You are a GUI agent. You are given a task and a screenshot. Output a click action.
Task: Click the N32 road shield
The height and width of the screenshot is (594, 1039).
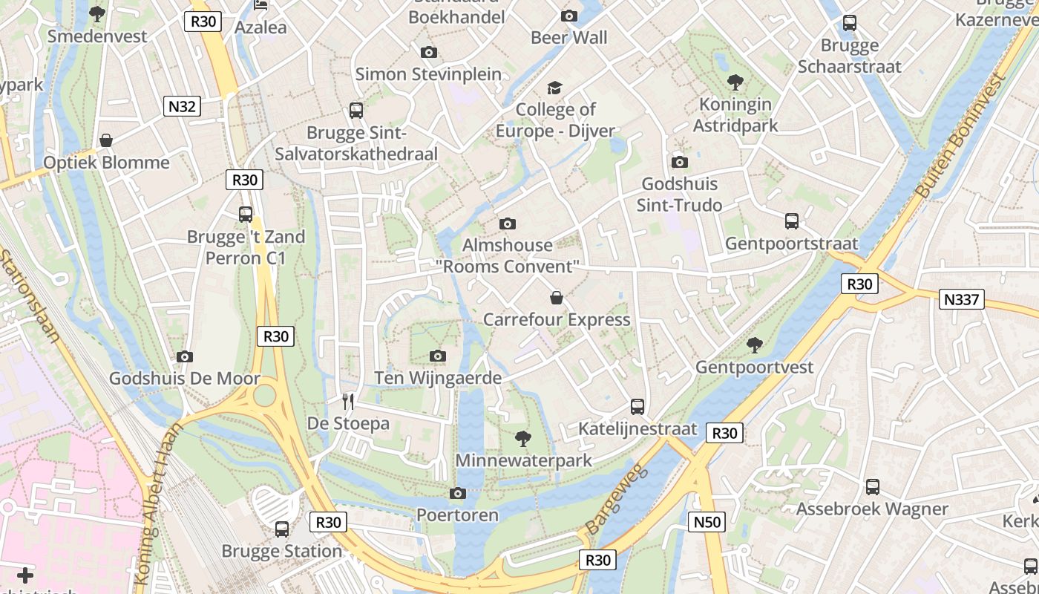pos(182,106)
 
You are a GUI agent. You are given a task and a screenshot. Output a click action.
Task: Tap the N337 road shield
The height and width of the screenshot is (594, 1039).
pos(962,299)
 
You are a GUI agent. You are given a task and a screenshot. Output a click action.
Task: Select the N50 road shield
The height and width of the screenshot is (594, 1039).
pos(707,522)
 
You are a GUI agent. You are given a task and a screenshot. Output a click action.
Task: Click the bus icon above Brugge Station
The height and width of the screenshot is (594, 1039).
pos(282,529)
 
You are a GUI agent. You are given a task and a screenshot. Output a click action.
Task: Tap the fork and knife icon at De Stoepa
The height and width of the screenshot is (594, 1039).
pos(348,402)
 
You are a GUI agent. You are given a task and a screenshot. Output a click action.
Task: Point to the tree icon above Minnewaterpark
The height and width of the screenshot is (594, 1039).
pos(523,438)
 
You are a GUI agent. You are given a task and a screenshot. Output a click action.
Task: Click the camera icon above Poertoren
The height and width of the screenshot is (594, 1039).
pos(458,493)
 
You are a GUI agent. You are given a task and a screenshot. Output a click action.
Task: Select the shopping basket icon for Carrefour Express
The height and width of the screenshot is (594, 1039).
pos(557,298)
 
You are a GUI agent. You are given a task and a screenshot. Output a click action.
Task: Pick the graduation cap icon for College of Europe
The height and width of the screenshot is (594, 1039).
pos(555,88)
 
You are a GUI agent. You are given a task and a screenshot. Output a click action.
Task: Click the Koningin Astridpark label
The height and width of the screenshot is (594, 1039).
pos(735,115)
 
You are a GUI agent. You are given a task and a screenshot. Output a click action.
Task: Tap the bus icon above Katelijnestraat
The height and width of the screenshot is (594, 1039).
pos(638,406)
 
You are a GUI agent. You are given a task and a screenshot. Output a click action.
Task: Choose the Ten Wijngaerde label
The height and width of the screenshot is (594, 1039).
pos(438,378)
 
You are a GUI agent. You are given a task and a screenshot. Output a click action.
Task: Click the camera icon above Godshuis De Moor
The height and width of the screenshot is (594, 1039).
pos(185,356)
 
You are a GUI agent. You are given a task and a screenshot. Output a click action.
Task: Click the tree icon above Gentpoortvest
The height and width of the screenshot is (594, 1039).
pos(755,345)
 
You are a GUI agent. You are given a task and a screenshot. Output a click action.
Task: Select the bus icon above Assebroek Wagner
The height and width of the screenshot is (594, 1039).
pos(873,487)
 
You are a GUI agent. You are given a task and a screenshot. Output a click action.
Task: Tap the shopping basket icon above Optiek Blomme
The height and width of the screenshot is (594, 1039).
pos(107,140)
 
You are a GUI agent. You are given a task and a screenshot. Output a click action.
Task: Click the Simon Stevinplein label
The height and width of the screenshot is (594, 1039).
pos(428,74)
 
